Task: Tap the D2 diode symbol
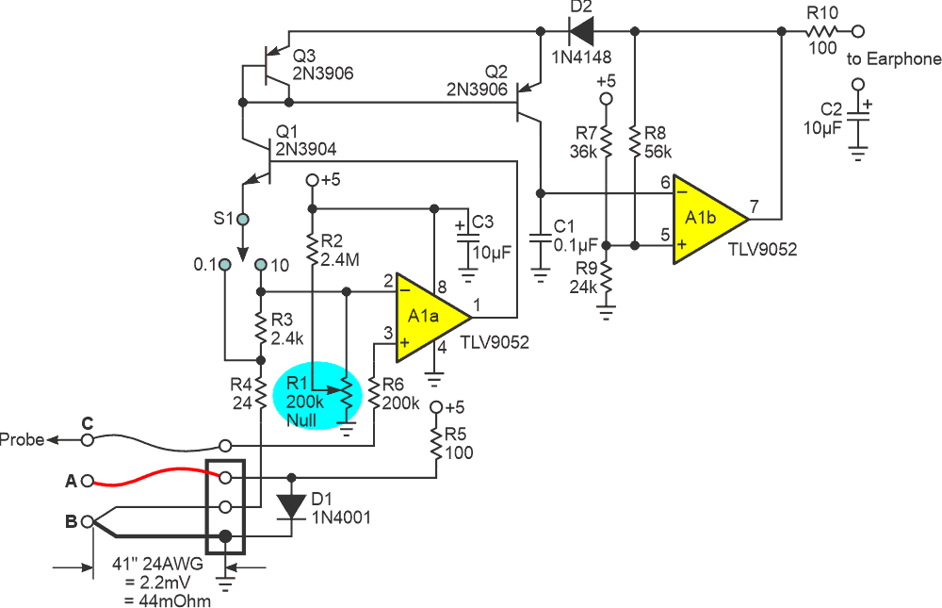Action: [x=581, y=32]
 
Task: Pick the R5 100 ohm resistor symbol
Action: [x=437, y=443]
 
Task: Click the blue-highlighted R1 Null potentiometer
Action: [x=347, y=394]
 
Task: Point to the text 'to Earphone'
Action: [x=893, y=59]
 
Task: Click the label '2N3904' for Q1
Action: [x=306, y=148]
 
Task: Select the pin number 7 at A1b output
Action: [x=754, y=205]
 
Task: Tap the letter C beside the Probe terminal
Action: [x=87, y=424]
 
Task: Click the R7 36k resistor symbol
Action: [x=606, y=140]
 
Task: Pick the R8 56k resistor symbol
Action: [x=636, y=140]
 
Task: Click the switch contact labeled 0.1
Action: [x=224, y=266]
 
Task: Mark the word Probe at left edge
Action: [x=22, y=439]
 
